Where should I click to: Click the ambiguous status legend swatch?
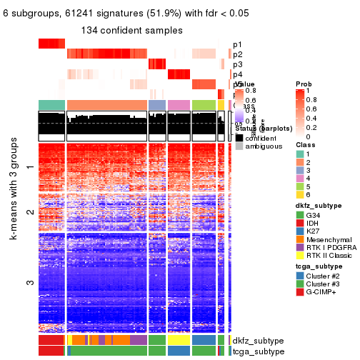point(239,147)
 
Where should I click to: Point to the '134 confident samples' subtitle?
point(131,30)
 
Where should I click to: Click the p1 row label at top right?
point(237,44)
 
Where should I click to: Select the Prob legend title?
point(303,84)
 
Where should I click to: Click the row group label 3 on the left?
point(30,283)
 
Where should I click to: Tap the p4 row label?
point(237,74)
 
